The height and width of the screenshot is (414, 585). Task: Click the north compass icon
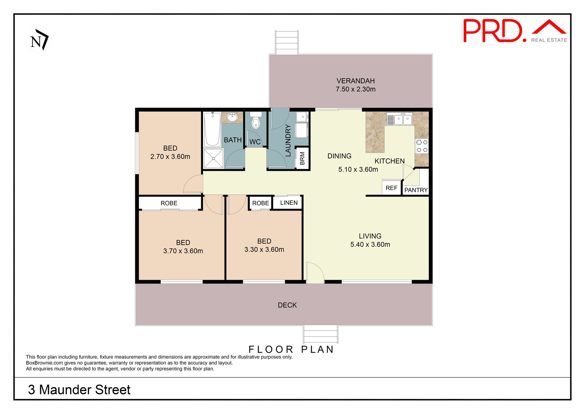(39, 39)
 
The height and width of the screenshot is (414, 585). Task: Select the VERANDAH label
(355, 81)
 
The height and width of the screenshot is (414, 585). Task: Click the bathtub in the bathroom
(212, 129)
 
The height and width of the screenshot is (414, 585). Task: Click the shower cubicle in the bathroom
(213, 158)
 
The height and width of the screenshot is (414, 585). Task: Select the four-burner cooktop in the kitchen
(422, 146)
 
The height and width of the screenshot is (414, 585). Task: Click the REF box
(391, 188)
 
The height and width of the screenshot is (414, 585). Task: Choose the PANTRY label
(416, 190)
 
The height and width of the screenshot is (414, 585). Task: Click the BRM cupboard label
(302, 158)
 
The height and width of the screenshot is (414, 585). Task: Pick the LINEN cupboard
(288, 203)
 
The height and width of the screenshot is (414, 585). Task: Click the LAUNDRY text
(288, 140)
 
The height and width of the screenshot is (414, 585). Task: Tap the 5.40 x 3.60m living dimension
(370, 245)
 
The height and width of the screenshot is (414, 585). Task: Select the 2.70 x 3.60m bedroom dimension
(170, 157)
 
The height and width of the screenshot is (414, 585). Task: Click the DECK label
(287, 305)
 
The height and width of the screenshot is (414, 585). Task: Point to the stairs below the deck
(320, 334)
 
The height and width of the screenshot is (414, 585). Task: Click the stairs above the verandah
(287, 42)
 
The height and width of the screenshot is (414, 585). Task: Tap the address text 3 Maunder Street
(79, 389)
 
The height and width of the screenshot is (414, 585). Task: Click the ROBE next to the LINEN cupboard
(260, 203)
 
